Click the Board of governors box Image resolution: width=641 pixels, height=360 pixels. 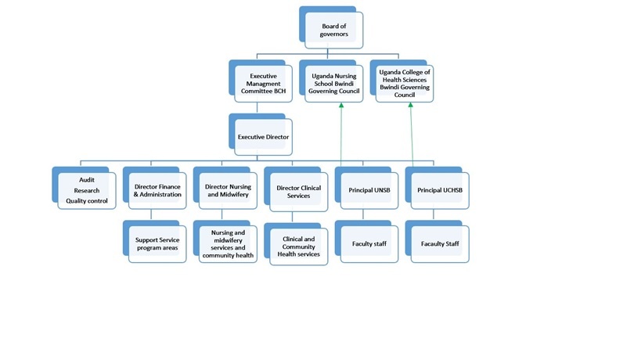point(333,30)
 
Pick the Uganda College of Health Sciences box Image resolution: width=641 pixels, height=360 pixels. point(405,83)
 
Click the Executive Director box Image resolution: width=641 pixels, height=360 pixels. point(264,137)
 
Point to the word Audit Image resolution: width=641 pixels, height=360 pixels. point(87,180)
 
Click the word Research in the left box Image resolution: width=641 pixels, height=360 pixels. point(87,191)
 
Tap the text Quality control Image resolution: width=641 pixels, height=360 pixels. point(87,202)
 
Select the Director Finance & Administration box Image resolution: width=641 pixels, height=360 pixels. point(157,190)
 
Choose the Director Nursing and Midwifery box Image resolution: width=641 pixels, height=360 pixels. point(227,190)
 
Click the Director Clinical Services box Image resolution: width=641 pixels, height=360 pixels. point(299,192)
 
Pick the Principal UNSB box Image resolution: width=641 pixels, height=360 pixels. point(369,190)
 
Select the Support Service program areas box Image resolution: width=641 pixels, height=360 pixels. point(157,244)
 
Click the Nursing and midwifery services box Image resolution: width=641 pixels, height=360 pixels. point(228,244)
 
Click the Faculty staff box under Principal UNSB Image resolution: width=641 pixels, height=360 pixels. point(369,244)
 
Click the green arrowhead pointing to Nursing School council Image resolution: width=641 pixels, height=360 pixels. point(342,107)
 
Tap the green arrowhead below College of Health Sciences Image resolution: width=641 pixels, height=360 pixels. point(412,107)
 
